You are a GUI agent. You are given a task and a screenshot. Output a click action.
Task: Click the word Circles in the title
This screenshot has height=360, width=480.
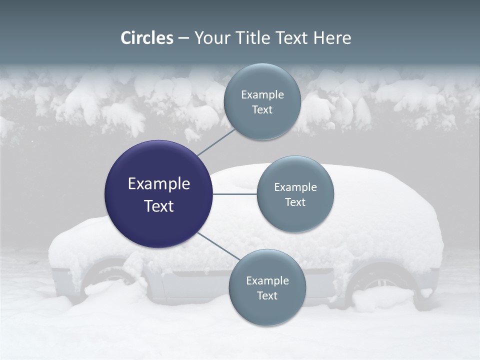click(x=147, y=38)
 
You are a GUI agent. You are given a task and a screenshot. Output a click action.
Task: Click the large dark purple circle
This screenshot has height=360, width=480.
click(x=158, y=194)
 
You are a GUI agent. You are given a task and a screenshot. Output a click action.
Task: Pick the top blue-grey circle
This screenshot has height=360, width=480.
click(x=262, y=102)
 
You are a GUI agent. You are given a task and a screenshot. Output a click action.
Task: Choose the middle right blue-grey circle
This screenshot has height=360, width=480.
click(x=295, y=194)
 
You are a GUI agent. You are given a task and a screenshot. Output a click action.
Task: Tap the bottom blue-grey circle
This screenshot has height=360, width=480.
click(x=267, y=287)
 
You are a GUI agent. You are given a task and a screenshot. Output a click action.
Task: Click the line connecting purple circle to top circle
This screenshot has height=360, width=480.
click(x=215, y=141)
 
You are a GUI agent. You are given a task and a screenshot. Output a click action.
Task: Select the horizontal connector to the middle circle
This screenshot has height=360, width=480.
click(x=234, y=194)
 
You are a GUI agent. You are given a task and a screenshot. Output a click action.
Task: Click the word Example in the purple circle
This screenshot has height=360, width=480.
click(x=158, y=183)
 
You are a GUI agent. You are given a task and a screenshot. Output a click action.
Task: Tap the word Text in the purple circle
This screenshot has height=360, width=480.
click(x=158, y=206)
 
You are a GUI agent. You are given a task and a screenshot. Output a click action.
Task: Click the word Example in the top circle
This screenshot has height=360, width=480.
click(x=262, y=94)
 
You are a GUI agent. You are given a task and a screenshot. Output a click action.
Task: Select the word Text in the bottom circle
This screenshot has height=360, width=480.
click(x=267, y=295)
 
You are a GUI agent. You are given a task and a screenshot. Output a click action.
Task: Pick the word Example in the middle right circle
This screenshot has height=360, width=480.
click(x=295, y=187)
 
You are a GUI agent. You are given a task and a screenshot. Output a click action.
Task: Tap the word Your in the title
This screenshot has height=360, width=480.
click(x=210, y=38)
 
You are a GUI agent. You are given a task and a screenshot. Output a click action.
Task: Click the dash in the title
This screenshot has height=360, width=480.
click(x=183, y=38)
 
